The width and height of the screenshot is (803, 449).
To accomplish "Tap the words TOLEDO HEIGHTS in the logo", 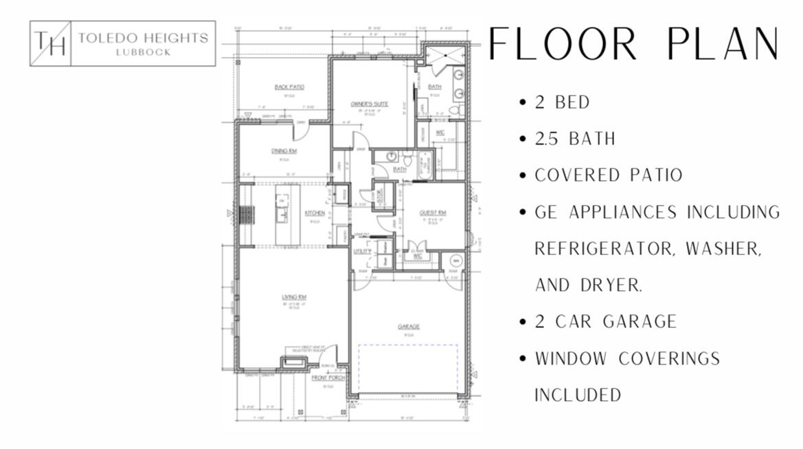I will click(143, 38).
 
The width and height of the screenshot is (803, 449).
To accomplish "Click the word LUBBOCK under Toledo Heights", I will click(143, 52).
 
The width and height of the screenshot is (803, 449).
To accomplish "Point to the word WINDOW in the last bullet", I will click(571, 358).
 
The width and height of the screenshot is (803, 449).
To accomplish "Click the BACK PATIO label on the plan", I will click(289, 87).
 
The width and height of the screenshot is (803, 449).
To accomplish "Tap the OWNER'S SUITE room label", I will click(370, 104).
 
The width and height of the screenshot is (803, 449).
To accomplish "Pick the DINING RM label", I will click(284, 151).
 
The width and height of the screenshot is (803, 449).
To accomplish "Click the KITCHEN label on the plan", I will click(315, 213).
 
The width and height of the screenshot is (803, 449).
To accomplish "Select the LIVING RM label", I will click(293, 297).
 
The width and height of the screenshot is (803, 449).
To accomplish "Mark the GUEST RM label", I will click(433, 213).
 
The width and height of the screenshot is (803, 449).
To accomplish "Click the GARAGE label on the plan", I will click(408, 327).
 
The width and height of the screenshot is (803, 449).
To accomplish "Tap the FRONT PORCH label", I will click(324, 378).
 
